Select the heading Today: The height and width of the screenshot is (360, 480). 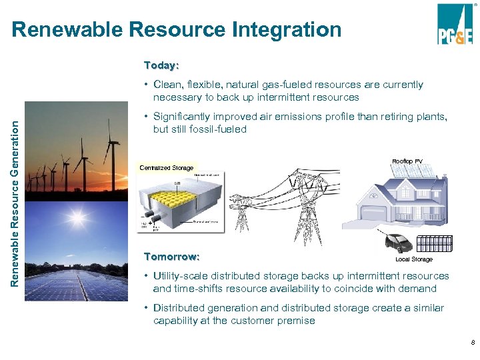point(161,65)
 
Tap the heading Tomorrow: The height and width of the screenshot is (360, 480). point(172,257)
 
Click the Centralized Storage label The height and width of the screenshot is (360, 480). point(167,168)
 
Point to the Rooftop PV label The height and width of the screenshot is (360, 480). point(407,161)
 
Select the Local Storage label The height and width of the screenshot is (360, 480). point(413,259)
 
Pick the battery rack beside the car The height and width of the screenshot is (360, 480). point(434,243)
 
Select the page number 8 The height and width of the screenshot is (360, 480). point(473,343)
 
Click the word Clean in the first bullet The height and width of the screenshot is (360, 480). point(167,85)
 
